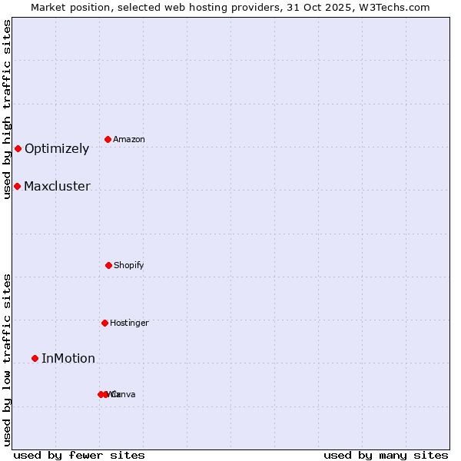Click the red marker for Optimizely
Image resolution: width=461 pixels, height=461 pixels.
pos(18,148)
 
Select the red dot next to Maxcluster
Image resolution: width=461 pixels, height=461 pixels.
pos(17,186)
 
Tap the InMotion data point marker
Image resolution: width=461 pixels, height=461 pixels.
pos(35,358)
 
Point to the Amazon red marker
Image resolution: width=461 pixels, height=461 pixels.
pos(108,139)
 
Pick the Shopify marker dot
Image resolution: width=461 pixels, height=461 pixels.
pos(108,265)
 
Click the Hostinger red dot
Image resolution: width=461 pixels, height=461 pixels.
pos(104,323)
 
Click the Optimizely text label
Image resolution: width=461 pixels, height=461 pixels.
pos(57,149)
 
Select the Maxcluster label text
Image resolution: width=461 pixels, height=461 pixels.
pos(57,187)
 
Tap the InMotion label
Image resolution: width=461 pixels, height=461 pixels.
pos(68,359)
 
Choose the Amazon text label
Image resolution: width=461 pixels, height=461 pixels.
pos(129,140)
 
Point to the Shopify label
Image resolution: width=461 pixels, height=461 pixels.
pos(129,266)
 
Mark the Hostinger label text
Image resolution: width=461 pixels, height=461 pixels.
pos(129,323)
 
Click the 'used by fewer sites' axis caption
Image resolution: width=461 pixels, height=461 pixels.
pos(79,455)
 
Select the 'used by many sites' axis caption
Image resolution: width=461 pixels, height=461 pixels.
pos(386,455)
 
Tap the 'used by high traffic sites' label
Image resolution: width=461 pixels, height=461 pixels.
pos(8,109)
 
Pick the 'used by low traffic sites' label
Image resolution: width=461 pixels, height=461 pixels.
pos(8,360)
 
